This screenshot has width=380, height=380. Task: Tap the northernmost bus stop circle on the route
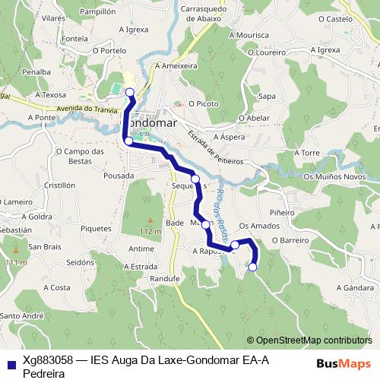click(129, 93)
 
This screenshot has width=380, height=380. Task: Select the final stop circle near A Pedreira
click(252, 266)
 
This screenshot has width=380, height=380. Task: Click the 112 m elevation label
click(150, 230)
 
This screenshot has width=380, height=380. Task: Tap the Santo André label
click(21, 315)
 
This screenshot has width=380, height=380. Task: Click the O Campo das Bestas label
click(80, 156)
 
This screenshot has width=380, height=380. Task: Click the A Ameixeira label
click(176, 66)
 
